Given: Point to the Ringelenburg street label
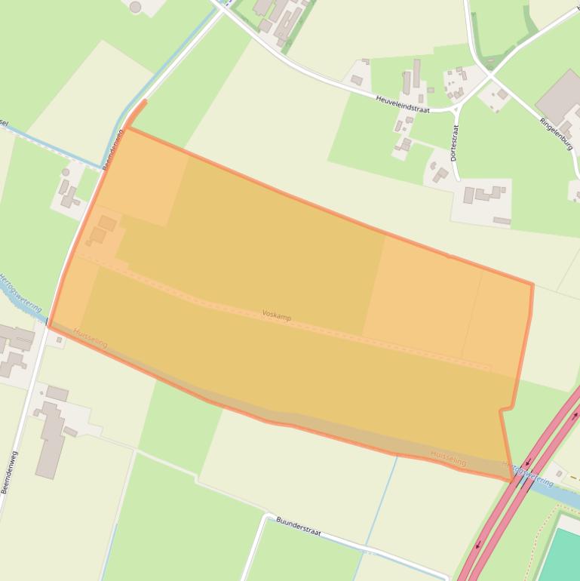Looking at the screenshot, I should click(x=557, y=134).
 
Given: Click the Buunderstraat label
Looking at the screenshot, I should click(x=298, y=526).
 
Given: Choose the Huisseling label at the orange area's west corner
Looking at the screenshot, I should click(x=91, y=337).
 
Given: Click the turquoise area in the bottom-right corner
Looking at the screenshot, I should click(x=561, y=556).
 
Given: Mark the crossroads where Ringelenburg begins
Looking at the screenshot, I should click(x=490, y=75).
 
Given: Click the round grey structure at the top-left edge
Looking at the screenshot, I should click(x=135, y=7).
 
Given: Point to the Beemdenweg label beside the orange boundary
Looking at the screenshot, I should click(x=112, y=149).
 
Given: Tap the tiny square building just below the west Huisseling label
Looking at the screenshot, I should click(x=59, y=341).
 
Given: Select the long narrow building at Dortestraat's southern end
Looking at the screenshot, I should click(x=502, y=220).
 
